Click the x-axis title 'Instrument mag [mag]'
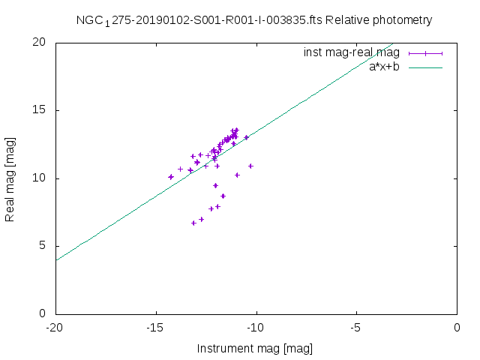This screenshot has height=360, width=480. (254, 348)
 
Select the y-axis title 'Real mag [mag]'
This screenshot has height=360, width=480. (10, 178)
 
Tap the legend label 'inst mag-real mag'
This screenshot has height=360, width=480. (352, 52)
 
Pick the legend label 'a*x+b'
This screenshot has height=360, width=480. (384, 66)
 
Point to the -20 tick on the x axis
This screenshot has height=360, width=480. (55, 328)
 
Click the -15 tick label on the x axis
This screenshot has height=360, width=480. (156, 328)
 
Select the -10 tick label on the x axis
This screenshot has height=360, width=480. (256, 328)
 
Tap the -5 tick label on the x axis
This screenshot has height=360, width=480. (357, 328)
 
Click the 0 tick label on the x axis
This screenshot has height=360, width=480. (457, 328)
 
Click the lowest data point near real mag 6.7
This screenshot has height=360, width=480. (193, 223)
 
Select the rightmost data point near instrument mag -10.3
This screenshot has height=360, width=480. (250, 166)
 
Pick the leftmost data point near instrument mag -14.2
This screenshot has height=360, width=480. (171, 177)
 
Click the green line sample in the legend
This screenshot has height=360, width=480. (425, 67)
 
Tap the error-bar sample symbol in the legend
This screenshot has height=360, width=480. (425, 52)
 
